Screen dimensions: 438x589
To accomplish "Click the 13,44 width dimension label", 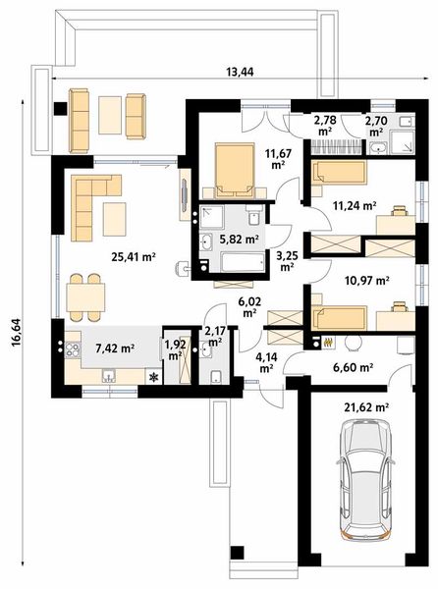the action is pos(240,72).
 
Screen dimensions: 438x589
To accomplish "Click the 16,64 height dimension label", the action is pos(17,333).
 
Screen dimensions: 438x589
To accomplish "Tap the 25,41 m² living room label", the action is pos(134,257).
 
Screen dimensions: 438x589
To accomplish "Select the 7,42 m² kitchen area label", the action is pos(115,348).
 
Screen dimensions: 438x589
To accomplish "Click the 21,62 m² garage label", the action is pos(366,406).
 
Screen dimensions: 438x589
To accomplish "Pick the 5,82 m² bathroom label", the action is pos(240,239).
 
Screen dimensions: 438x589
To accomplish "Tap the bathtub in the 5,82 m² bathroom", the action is pos(243,262).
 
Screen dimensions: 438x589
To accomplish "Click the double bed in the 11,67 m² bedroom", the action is pos(234,170).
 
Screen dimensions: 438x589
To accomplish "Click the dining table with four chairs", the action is pos(85,297).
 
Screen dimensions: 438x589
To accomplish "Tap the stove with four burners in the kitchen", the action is pos(73,350).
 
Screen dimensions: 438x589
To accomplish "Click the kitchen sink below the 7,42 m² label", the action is pos(109,376).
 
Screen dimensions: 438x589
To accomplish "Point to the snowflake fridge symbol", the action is pos(153,377).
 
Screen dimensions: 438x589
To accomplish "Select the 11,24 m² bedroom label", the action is pos(355,205).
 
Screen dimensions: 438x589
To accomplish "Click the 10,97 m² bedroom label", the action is pos(366,280).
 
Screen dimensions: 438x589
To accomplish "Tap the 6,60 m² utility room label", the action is pos(354,367).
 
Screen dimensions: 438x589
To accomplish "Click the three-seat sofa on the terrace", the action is pos(79,121).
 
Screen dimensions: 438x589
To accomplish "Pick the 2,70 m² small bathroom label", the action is pos(376,126).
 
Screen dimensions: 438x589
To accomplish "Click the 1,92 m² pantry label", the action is pos(176,349).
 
